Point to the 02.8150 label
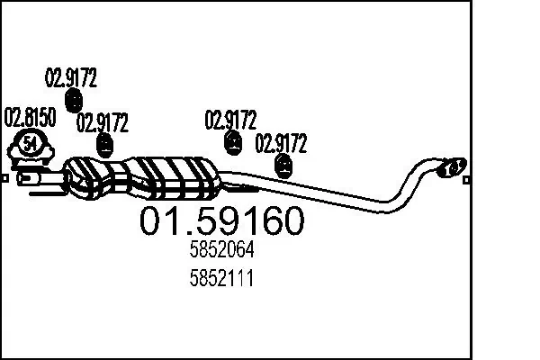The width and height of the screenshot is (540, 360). pos(31,117)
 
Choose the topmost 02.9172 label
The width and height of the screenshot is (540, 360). pos(71,76)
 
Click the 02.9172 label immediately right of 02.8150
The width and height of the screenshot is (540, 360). pos(103,121)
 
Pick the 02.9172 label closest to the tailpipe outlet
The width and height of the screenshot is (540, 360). pos(282,142)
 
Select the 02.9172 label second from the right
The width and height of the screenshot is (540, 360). pos(231,119)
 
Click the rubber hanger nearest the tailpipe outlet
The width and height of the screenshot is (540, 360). pos(284,164)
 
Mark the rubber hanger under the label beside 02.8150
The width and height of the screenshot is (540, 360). pos(106,143)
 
